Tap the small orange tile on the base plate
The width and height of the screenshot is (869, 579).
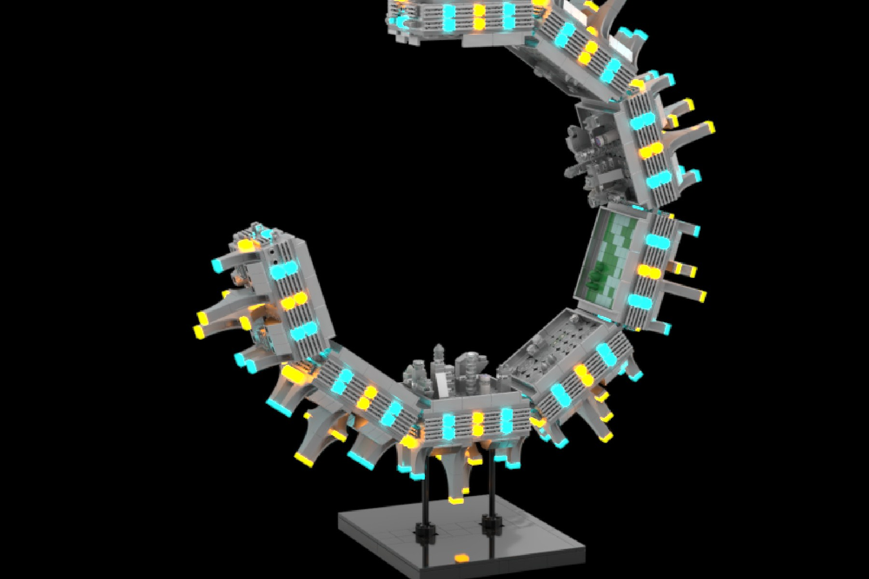click(x=461, y=558)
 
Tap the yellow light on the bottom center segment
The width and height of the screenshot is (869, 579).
click(x=477, y=425)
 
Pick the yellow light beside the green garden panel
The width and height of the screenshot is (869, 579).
click(x=649, y=271)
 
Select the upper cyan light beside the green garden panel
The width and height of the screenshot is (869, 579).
click(x=657, y=241)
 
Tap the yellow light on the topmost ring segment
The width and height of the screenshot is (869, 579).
click(x=479, y=16)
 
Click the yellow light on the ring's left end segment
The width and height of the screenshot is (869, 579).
click(x=293, y=300)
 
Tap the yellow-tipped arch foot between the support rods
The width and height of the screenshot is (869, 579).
click(x=456, y=499)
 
